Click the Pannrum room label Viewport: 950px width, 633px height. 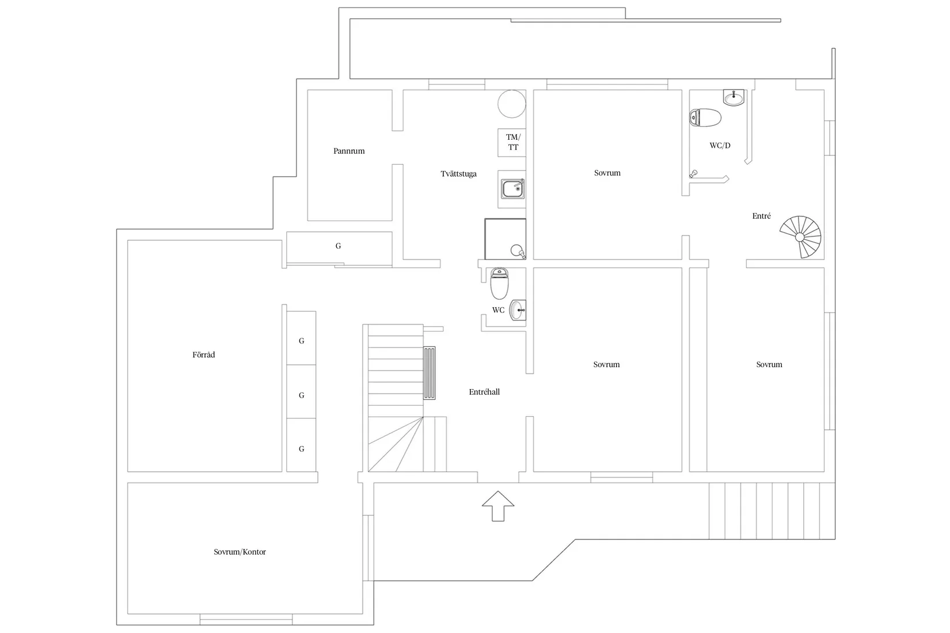pyautogui.click(x=348, y=151)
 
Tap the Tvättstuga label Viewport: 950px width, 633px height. pyautogui.click(x=458, y=174)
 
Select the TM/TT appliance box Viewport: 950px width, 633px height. pyautogui.click(x=512, y=143)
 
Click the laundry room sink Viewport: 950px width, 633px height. pyautogui.click(x=513, y=189)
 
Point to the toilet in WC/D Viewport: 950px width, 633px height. pyautogui.click(x=705, y=117)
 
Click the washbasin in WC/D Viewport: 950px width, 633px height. pyautogui.click(x=734, y=97)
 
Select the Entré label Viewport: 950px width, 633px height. pyautogui.click(x=761, y=216)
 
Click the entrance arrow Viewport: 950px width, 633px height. pyautogui.click(x=498, y=506)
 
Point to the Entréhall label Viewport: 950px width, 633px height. pyautogui.click(x=484, y=392)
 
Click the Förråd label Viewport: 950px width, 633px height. pyautogui.click(x=204, y=355)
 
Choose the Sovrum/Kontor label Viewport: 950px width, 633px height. pyautogui.click(x=240, y=552)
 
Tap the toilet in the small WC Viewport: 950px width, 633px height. pyautogui.click(x=499, y=283)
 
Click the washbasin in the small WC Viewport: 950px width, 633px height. pyautogui.click(x=518, y=310)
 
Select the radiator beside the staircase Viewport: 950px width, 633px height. pyautogui.click(x=429, y=373)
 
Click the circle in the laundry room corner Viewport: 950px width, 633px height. pyautogui.click(x=512, y=104)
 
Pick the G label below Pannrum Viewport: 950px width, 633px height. pyautogui.click(x=338, y=246)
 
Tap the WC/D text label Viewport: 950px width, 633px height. pyautogui.click(x=720, y=146)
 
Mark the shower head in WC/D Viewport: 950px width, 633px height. pyautogui.click(x=693, y=174)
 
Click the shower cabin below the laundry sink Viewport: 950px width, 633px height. pyautogui.click(x=505, y=239)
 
